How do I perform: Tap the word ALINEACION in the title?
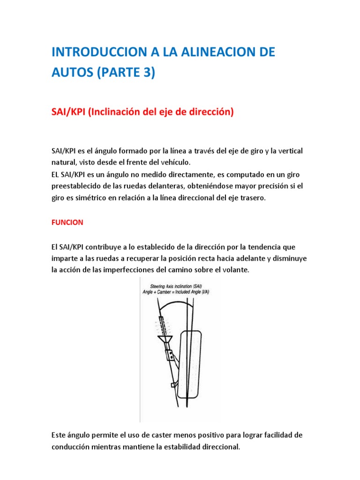[211, 52]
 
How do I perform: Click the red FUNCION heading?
[67, 223]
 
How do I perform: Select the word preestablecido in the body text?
[74, 186]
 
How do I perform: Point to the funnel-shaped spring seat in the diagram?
[165, 338]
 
